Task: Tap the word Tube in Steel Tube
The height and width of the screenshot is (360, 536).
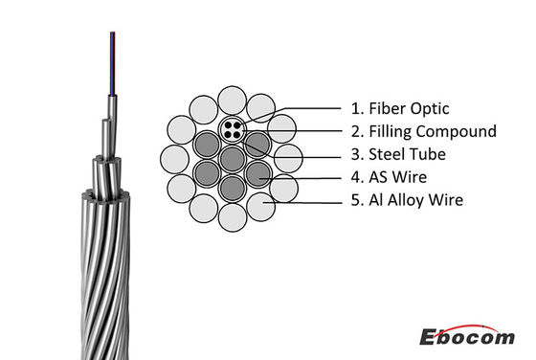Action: [x=404, y=153]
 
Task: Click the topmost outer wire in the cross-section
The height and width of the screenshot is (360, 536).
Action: [x=233, y=99]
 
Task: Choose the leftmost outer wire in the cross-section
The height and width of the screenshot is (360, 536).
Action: [x=174, y=157]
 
